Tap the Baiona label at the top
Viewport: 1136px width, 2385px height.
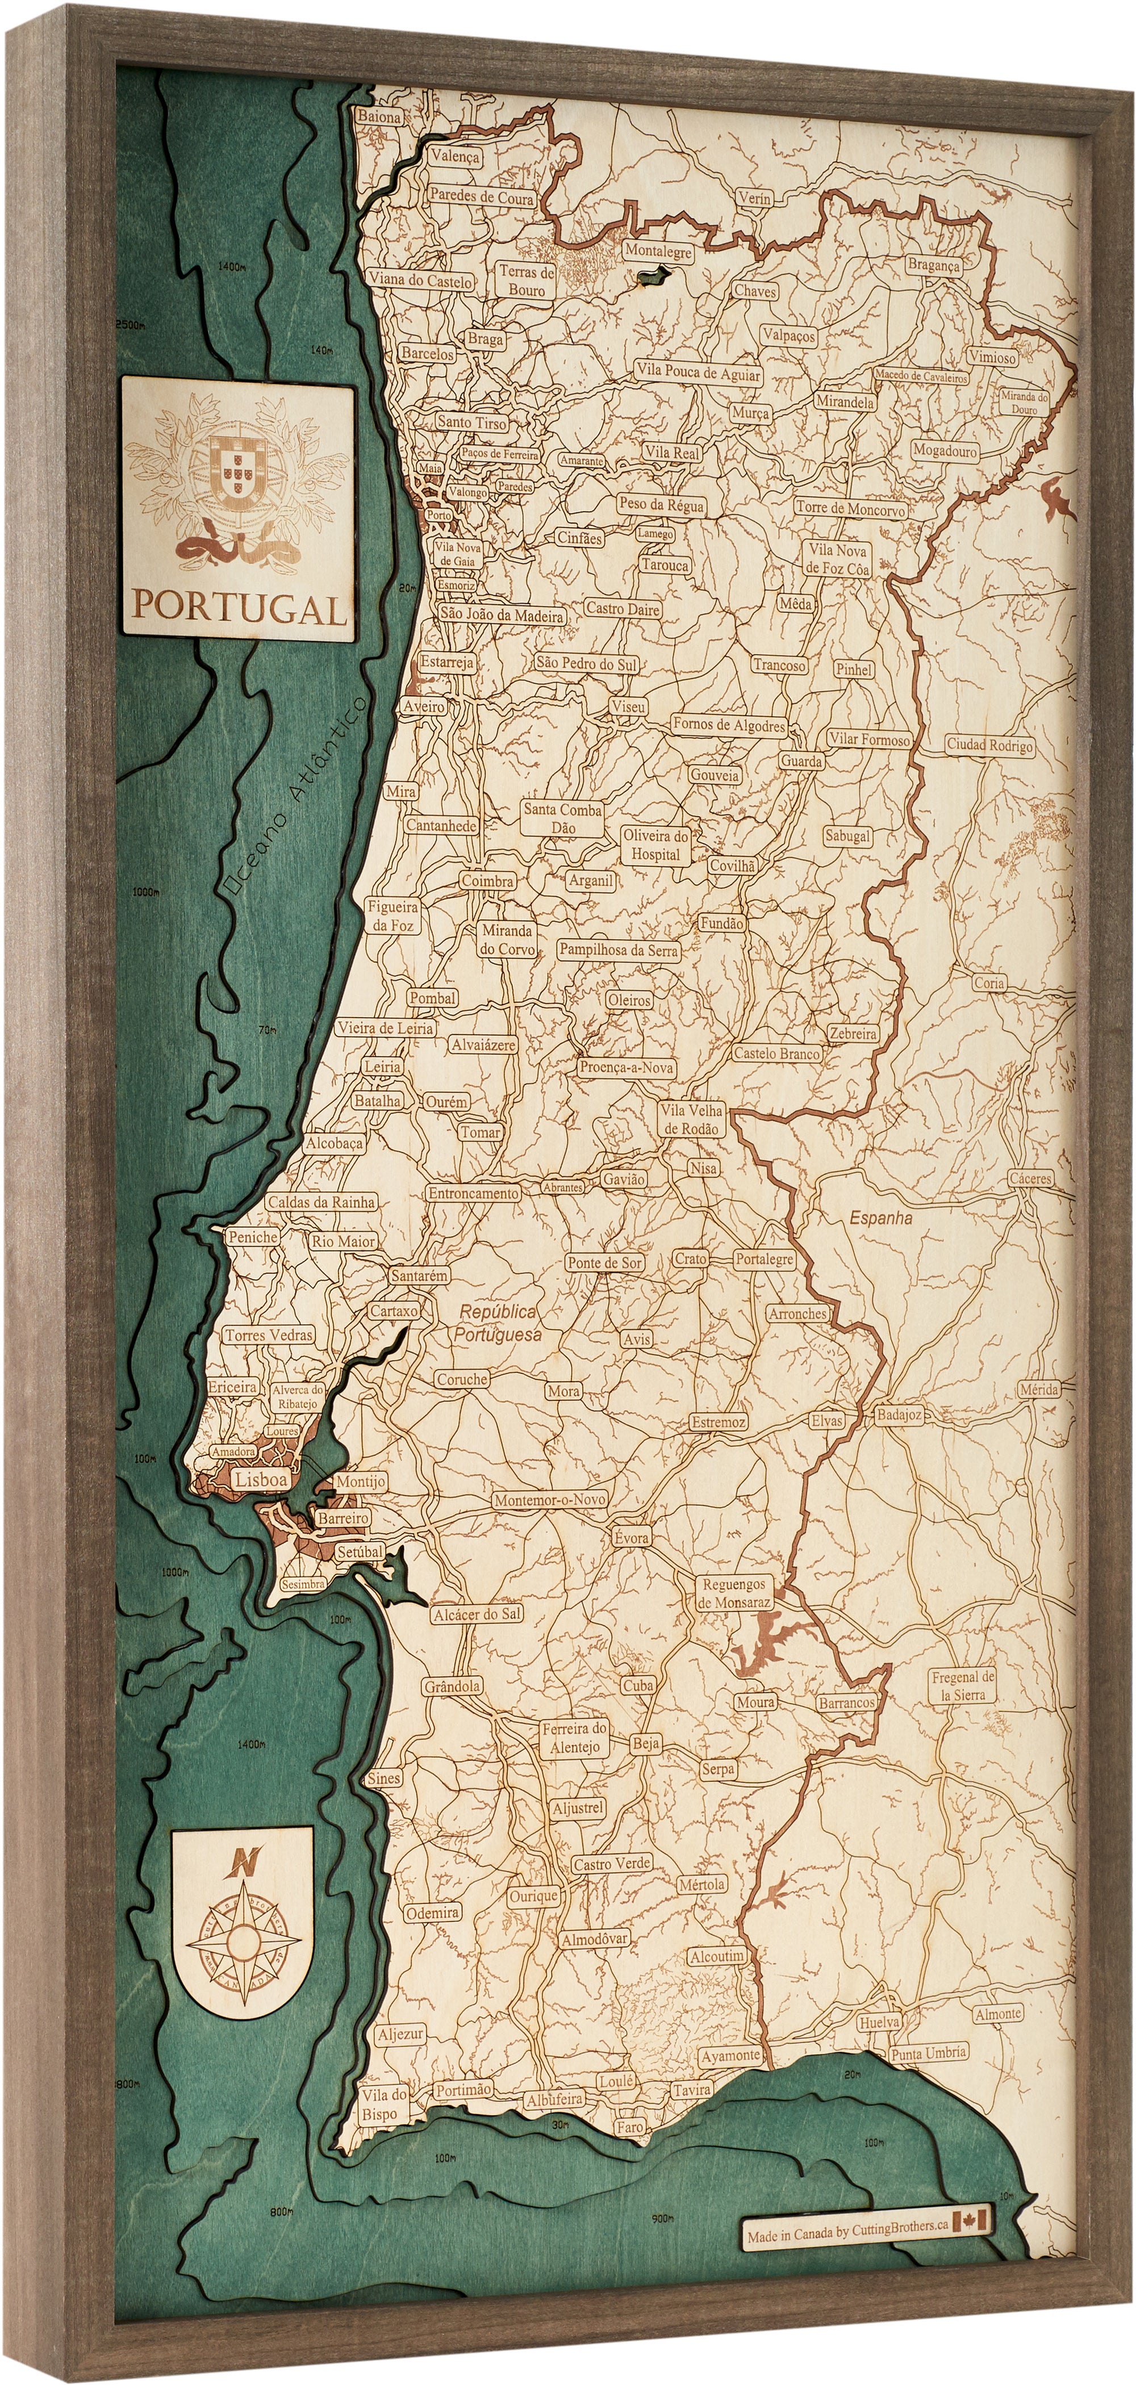pyautogui.click(x=379, y=118)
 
